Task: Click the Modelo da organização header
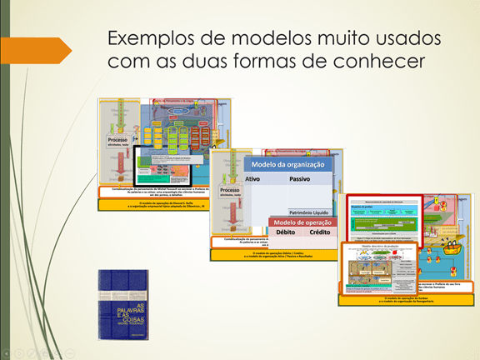point(287,163)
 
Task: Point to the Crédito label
point(319,233)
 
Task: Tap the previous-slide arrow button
point(7,352)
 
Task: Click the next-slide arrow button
point(20,352)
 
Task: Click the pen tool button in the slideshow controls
point(32,352)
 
